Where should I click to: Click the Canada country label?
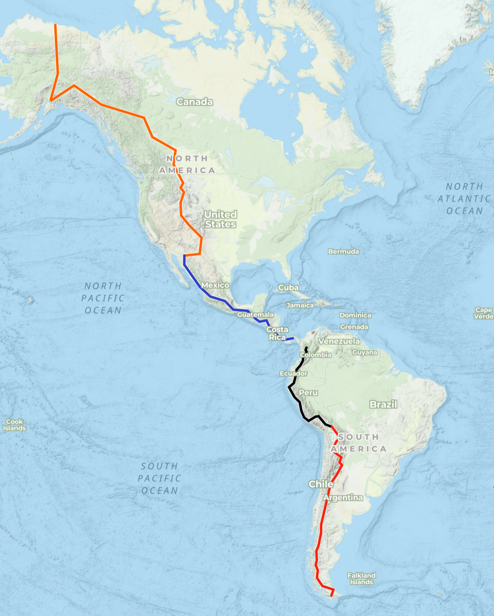point(194,102)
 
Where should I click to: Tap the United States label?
point(220,219)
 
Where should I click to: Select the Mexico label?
point(215,285)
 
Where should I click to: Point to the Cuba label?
point(288,287)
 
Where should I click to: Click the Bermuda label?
point(344,252)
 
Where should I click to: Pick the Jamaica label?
point(300,306)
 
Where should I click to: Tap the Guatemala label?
point(255,315)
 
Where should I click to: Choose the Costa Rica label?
point(277,333)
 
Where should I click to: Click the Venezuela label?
point(339,341)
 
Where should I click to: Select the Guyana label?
point(365,352)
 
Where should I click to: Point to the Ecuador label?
point(293,373)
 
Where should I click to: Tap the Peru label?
point(308,393)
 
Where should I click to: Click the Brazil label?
point(383,405)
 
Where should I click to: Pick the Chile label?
point(321,484)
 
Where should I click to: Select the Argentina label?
point(343,497)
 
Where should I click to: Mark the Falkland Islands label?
point(361,579)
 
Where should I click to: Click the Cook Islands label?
point(15,425)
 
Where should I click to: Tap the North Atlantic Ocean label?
point(465,199)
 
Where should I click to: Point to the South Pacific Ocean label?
point(160,478)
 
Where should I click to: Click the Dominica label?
point(355,315)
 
